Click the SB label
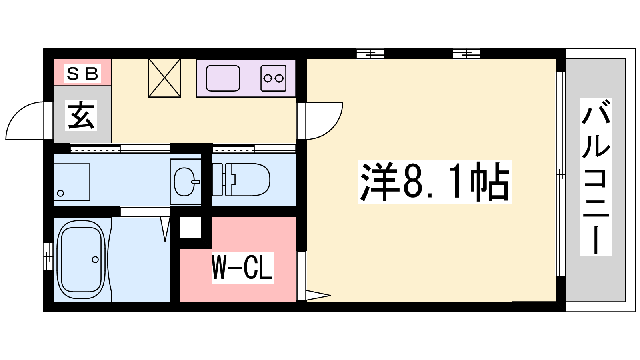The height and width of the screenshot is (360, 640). pyautogui.click(x=82, y=74)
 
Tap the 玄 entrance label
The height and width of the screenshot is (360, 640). pyautogui.click(x=81, y=116)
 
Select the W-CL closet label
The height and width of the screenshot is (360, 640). pyautogui.click(x=242, y=268)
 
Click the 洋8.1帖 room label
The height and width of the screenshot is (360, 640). pyautogui.click(x=434, y=182)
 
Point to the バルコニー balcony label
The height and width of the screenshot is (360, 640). pyautogui.click(x=596, y=177)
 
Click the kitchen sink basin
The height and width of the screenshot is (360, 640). pyautogui.click(x=223, y=78)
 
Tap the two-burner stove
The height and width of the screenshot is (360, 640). pyautogui.click(x=274, y=78)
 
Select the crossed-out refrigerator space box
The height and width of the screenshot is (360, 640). pyautogui.click(x=164, y=78)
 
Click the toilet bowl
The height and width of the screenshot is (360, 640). pyautogui.click(x=248, y=180)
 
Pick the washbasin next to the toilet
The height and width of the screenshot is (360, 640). pyautogui.click(x=185, y=182)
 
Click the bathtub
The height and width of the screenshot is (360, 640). pyautogui.click(x=81, y=260)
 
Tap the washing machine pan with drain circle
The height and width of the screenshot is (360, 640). pyautogui.click(x=72, y=182)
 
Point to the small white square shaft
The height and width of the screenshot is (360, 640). pyautogui.click(x=190, y=228)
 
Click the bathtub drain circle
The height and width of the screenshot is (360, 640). pyautogui.click(x=95, y=260)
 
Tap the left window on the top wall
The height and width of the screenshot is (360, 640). pyautogui.click(x=370, y=54)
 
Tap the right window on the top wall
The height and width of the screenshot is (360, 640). pyautogui.click(x=466, y=54)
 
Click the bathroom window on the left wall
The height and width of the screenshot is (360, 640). pyautogui.click(x=48, y=256)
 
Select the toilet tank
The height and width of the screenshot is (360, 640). pyautogui.click(x=217, y=180)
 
